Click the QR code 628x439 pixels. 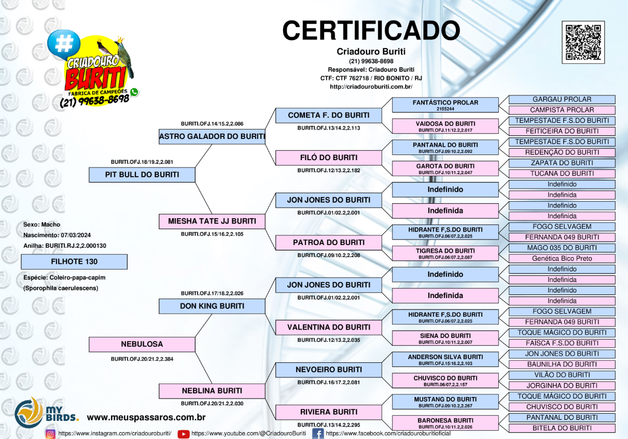pos(583,43)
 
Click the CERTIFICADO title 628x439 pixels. pos(371,31)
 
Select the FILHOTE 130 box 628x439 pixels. pos(74,262)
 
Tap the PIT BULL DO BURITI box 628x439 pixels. pos(142,175)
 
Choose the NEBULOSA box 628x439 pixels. pos(142,344)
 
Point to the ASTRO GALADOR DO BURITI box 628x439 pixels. pos(212,137)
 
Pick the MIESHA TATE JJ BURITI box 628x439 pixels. pos(212,221)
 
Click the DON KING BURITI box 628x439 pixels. pos(212,306)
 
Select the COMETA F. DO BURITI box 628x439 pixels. pos(329,116)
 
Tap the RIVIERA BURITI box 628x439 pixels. pos(329,412)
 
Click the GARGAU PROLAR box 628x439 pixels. pos(562,100)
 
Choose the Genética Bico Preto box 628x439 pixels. pos(562,259)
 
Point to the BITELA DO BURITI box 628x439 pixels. pos(562,428)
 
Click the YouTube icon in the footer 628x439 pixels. pos(184,434)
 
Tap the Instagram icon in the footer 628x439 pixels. pos(50,434)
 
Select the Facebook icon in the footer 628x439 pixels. pos(318,433)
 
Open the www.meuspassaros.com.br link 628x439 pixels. pos(146,417)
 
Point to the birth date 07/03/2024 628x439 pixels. pos(76,235)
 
